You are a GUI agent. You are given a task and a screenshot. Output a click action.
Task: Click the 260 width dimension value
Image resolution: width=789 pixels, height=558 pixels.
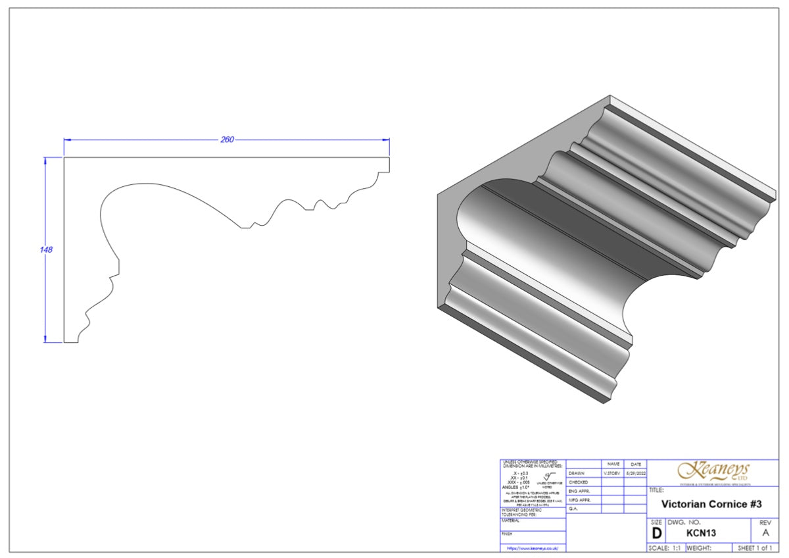(x=227, y=139)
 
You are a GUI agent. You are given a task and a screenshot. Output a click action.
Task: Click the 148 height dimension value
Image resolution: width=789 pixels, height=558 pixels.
(x=46, y=250)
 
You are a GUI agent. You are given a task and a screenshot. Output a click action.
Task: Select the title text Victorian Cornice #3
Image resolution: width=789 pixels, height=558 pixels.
(x=711, y=504)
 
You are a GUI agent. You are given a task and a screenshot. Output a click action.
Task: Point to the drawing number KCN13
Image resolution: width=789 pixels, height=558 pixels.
(x=700, y=533)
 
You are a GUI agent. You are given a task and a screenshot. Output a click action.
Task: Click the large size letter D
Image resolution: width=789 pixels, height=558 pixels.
(x=656, y=534)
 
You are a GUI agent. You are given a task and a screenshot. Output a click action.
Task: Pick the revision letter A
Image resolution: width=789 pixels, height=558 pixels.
(x=764, y=533)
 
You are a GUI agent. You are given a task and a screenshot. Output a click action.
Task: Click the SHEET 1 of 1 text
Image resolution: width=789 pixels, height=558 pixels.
(x=755, y=547)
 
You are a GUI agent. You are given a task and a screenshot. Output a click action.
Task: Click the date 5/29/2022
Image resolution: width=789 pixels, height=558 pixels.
(x=635, y=473)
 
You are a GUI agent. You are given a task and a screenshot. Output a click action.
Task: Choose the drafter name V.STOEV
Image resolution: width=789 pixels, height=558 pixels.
(x=613, y=473)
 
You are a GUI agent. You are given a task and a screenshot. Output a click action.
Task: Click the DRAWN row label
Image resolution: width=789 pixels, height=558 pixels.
(x=577, y=473)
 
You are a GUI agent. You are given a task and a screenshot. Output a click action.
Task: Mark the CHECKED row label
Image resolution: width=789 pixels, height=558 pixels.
(x=579, y=482)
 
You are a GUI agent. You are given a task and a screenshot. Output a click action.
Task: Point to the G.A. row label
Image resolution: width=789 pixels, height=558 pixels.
(x=573, y=509)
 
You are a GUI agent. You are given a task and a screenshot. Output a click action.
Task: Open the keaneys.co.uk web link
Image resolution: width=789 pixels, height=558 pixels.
(x=532, y=547)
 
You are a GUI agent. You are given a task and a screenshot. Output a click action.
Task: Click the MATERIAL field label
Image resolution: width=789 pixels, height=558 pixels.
(x=511, y=520)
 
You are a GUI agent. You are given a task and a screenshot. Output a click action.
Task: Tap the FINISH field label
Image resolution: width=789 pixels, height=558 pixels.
(x=508, y=534)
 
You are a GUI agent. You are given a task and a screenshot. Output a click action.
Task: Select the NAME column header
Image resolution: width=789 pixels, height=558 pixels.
(x=613, y=464)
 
